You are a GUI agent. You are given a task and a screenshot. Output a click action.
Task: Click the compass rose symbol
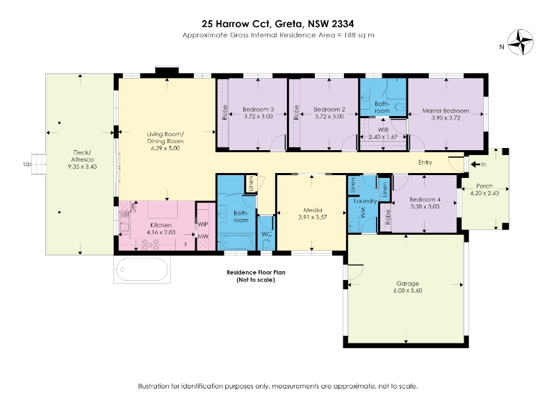click(520, 42)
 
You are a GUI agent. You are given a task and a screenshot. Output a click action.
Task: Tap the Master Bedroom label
click(445, 111)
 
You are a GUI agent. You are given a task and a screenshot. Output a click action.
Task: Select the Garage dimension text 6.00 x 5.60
click(407, 291)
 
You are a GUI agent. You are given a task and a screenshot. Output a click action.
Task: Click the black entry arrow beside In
click(475, 164)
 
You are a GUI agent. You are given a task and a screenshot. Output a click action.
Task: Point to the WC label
click(266, 234)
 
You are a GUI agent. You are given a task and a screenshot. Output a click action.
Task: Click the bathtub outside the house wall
click(142, 270)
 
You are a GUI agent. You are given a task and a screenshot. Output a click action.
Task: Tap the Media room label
click(313, 210)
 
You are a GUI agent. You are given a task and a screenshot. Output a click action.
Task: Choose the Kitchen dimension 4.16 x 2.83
click(161, 232)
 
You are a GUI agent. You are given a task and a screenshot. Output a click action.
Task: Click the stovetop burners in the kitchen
click(150, 245)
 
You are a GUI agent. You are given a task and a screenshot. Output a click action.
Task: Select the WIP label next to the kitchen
click(203, 224)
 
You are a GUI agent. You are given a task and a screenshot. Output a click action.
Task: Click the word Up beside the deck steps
click(27, 164)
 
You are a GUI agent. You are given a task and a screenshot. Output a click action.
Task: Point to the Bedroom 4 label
click(425, 199)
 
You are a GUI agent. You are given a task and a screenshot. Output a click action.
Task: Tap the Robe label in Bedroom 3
click(224, 113)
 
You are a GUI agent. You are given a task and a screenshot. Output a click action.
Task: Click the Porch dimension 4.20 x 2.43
click(484, 193)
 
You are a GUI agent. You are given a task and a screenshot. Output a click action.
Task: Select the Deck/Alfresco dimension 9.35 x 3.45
click(82, 166)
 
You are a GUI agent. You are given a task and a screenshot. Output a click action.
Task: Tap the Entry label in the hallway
click(425, 163)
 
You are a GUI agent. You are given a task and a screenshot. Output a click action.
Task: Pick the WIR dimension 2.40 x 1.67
click(383, 137)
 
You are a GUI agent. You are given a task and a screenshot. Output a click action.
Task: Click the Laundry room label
click(366, 201)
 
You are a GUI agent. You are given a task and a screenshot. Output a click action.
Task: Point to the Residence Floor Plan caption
click(256, 272)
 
